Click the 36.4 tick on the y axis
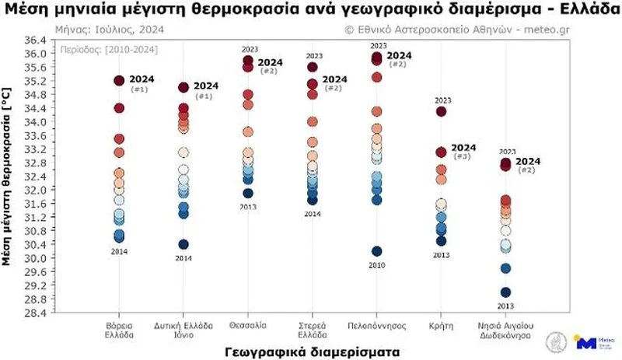(x=33, y=40)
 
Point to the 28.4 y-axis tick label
(x=33, y=313)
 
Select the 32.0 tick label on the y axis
(x=33, y=190)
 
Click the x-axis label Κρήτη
(x=441, y=324)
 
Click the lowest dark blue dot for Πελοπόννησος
(x=376, y=251)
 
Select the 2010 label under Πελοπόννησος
(x=376, y=264)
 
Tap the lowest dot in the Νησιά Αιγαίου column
(x=505, y=292)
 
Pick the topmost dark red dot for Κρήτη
(x=441, y=112)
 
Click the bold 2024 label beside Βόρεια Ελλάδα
(x=142, y=79)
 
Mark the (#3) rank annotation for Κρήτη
(x=462, y=157)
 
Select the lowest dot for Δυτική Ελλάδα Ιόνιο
(x=183, y=244)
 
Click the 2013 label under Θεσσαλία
(x=248, y=206)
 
